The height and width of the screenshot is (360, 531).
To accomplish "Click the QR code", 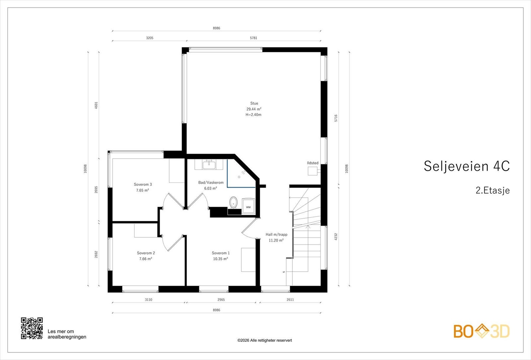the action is [x=32, y=328].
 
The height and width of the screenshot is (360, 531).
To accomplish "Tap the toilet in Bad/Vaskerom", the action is [x=233, y=202].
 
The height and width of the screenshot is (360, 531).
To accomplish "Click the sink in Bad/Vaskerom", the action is [x=209, y=165].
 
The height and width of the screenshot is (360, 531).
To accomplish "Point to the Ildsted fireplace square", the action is [x=312, y=171].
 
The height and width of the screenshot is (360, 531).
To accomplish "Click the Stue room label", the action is [x=254, y=103].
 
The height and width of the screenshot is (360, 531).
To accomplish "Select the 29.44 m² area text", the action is [x=254, y=109].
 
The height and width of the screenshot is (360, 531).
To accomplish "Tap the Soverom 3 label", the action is [x=143, y=184].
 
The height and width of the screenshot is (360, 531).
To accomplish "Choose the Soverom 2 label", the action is [x=146, y=253].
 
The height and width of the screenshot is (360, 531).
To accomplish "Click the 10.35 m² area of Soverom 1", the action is [x=220, y=259].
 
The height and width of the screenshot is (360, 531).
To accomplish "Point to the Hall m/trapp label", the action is [x=276, y=234].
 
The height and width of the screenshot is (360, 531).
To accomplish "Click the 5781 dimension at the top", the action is [x=254, y=38].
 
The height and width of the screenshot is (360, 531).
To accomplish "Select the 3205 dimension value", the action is [x=150, y=38].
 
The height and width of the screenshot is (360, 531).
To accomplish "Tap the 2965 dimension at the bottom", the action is [x=221, y=300].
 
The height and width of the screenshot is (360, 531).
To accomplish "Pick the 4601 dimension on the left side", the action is [x=96, y=105].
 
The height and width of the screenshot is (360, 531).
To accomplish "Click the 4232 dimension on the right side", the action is [x=336, y=237].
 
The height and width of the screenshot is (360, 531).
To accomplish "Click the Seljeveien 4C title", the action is [x=467, y=166].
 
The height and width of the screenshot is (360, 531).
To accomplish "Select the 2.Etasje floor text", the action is [x=493, y=190].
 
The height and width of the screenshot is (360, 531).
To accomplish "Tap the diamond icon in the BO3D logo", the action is [x=482, y=331].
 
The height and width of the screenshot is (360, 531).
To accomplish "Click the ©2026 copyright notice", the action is [x=265, y=340].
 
